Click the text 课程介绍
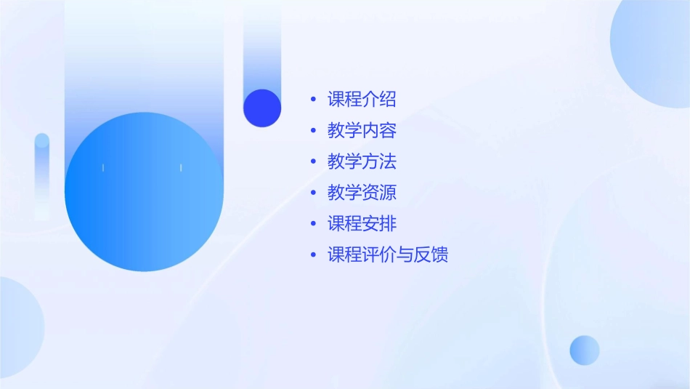pyautogui.click(x=362, y=100)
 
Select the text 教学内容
pyautogui.click(x=362, y=131)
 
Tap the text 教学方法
pyautogui.click(x=362, y=161)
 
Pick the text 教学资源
pyautogui.click(x=362, y=193)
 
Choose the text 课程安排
pyautogui.click(x=362, y=223)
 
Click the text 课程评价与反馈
pyautogui.click(x=388, y=254)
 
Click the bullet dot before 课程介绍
pyautogui.click(x=313, y=100)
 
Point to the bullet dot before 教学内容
pyautogui.click(x=313, y=131)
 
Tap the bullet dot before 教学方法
pyautogui.click(x=313, y=161)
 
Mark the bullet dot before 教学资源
pyautogui.click(x=313, y=193)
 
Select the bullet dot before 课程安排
pyautogui.click(x=313, y=223)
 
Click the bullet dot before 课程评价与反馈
pyautogui.click(x=313, y=254)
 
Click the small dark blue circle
pyautogui.click(x=262, y=108)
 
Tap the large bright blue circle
pyautogui.click(x=144, y=192)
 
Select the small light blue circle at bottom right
pyautogui.click(x=585, y=350)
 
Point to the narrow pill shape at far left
pyautogui.click(x=42, y=175)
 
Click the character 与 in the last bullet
pyautogui.click(x=405, y=254)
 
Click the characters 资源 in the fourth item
pyautogui.click(x=379, y=193)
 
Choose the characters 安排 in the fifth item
pyautogui.click(x=379, y=223)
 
